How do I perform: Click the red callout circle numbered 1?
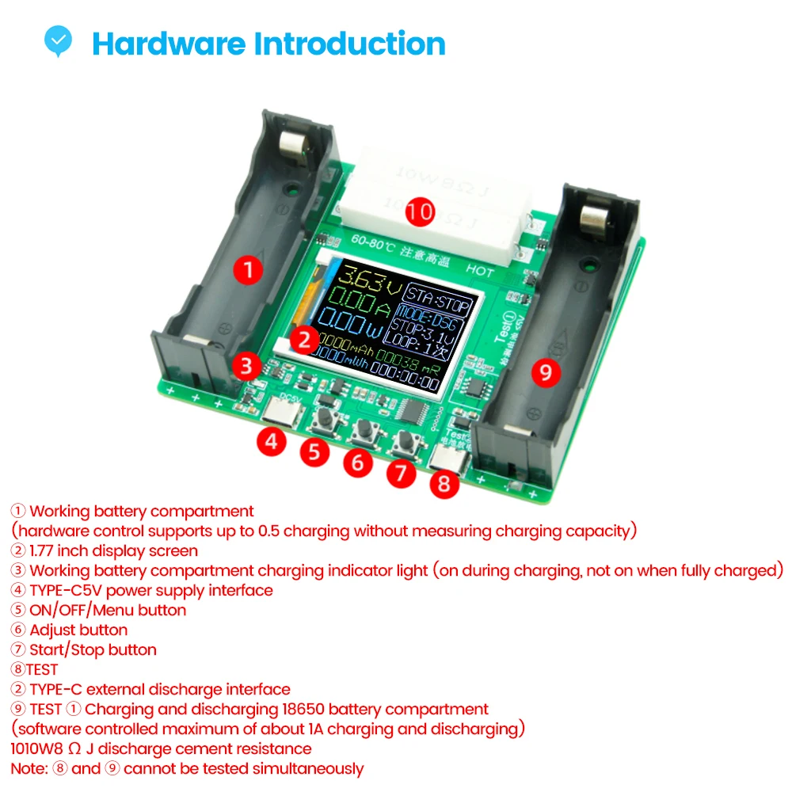coord(249,270)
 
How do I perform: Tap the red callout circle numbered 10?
coord(421,211)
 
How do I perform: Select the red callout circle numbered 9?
coord(545,371)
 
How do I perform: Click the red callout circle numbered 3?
coord(247,366)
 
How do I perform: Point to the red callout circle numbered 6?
coord(358,461)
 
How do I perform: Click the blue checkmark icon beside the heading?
coord(58,41)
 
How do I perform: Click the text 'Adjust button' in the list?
coord(78,630)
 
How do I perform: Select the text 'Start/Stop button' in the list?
coord(93,649)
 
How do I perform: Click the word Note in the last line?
coord(28,768)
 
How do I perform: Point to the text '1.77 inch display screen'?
coord(113,550)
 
